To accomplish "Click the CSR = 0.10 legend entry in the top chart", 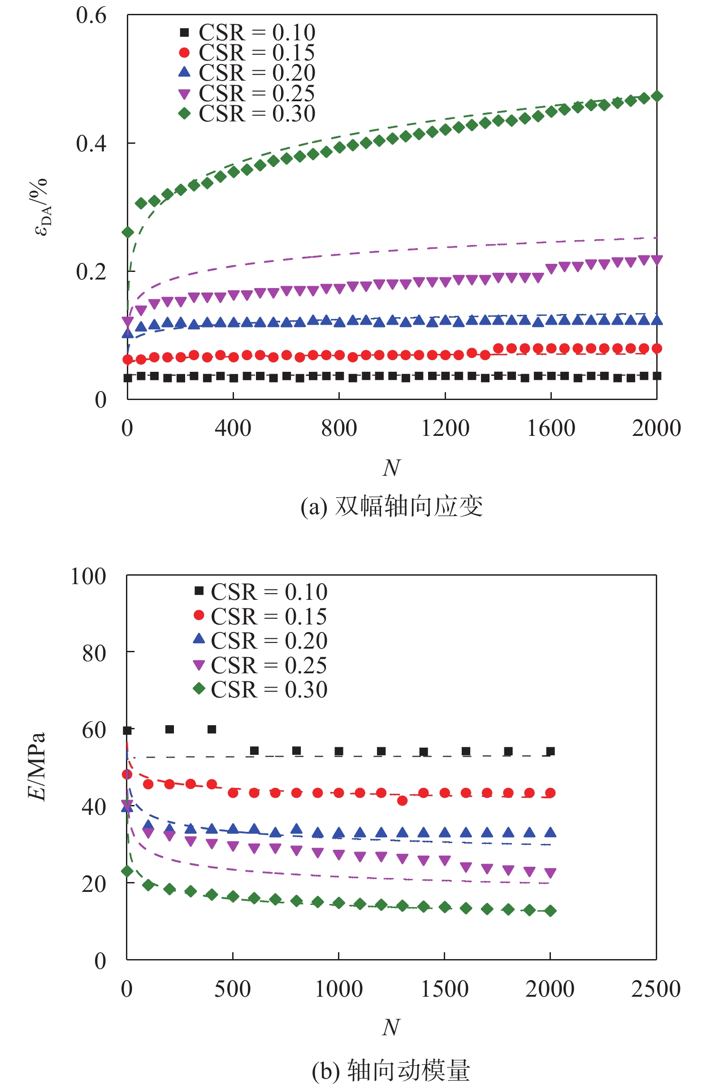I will pyautogui.click(x=247, y=33).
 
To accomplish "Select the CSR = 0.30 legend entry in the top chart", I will pyautogui.click(x=247, y=113).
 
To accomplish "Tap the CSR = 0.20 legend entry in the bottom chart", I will pyautogui.click(x=260, y=641).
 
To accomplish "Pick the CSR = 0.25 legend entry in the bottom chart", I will pyautogui.click(x=260, y=665).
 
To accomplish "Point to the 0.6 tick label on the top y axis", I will pyautogui.click(x=91, y=16).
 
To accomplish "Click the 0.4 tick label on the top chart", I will pyautogui.click(x=91, y=144).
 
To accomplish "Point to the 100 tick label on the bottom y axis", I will pyautogui.click(x=88, y=577).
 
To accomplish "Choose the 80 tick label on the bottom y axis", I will pyautogui.click(x=94, y=654).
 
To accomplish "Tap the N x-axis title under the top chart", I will pyautogui.click(x=391, y=468).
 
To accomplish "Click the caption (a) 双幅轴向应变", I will pyautogui.click(x=391, y=507).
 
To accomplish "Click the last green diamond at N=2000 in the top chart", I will pyautogui.click(x=657, y=96).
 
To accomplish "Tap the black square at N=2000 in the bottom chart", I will pyautogui.click(x=550, y=751).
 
